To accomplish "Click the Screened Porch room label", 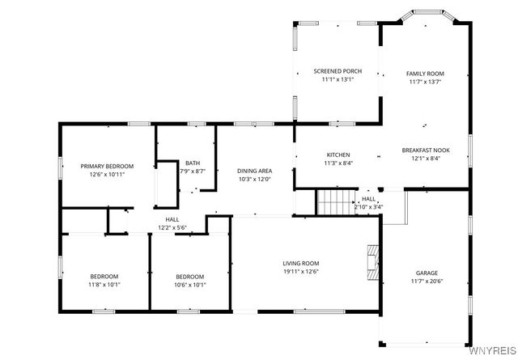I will click(x=337, y=71).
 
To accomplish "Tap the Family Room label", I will click(x=425, y=74).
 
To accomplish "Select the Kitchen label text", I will click(x=338, y=155).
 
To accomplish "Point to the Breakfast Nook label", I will click(x=426, y=150).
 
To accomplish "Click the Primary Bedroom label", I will click(x=107, y=166).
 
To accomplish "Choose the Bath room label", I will click(x=192, y=163).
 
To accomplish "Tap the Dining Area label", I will click(x=254, y=171).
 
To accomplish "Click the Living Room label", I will click(x=300, y=263).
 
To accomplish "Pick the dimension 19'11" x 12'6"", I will click(x=300, y=272).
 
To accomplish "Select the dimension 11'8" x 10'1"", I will click(x=104, y=285).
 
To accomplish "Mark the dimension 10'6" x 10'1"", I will click(x=190, y=285).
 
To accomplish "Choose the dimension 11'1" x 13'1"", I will click(x=337, y=80).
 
